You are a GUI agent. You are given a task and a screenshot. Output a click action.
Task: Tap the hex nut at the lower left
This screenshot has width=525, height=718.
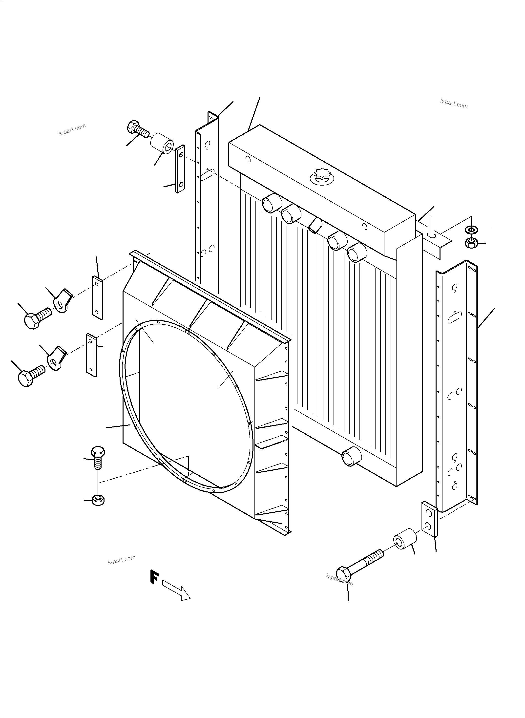point(98,500)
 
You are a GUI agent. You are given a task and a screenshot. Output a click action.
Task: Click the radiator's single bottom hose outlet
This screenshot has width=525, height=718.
point(351,456)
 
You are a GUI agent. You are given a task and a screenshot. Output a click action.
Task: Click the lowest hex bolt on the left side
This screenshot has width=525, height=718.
point(30,375)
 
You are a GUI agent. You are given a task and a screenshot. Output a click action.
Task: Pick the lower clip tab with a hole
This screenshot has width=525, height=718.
point(56,359)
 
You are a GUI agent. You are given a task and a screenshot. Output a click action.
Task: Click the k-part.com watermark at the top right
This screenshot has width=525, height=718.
point(454,103)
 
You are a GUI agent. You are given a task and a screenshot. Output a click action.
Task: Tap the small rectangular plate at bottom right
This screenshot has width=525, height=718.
point(429,520)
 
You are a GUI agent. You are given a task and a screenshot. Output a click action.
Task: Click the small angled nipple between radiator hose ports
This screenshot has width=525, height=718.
point(315,225)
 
